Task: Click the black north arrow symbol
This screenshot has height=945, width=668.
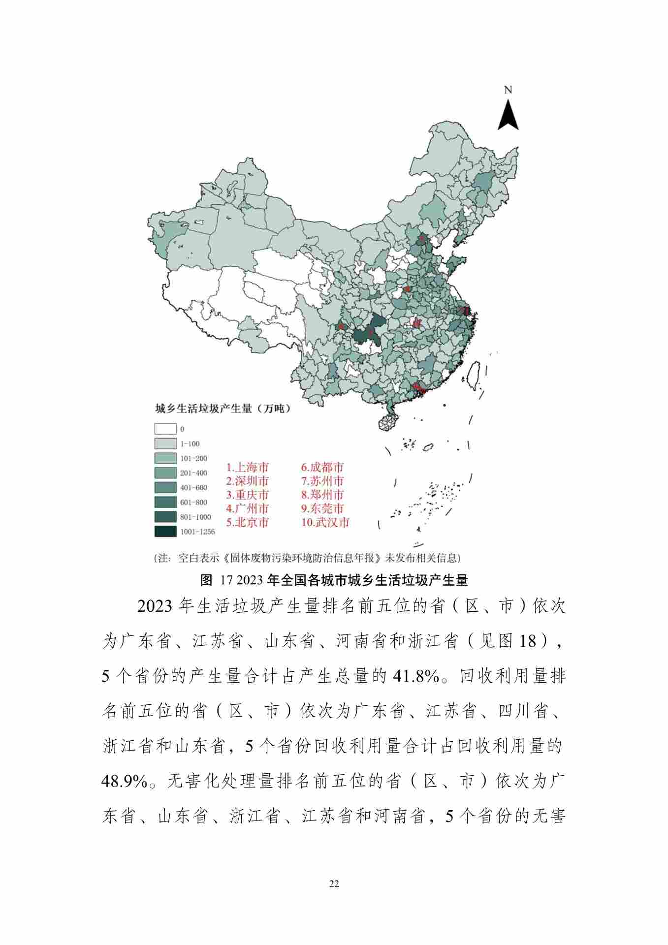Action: tap(508, 115)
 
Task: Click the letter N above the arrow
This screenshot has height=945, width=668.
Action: tap(508, 90)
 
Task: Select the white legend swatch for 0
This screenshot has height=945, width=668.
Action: tap(165, 429)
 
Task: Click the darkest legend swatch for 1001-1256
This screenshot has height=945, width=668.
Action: tap(165, 532)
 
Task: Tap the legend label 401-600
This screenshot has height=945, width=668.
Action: tap(193, 488)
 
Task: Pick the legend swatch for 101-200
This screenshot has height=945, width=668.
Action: tap(165, 458)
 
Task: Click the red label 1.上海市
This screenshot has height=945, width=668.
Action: tap(248, 467)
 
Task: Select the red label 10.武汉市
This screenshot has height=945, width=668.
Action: tap(325, 522)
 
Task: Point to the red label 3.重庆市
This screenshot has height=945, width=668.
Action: tap(248, 495)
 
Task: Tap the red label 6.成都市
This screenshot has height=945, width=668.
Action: tap(322, 467)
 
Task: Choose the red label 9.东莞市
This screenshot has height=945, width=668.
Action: tap(322, 508)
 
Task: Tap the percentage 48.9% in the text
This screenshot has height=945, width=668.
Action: tap(124, 782)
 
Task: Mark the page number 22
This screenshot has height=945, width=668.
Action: tap(334, 884)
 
